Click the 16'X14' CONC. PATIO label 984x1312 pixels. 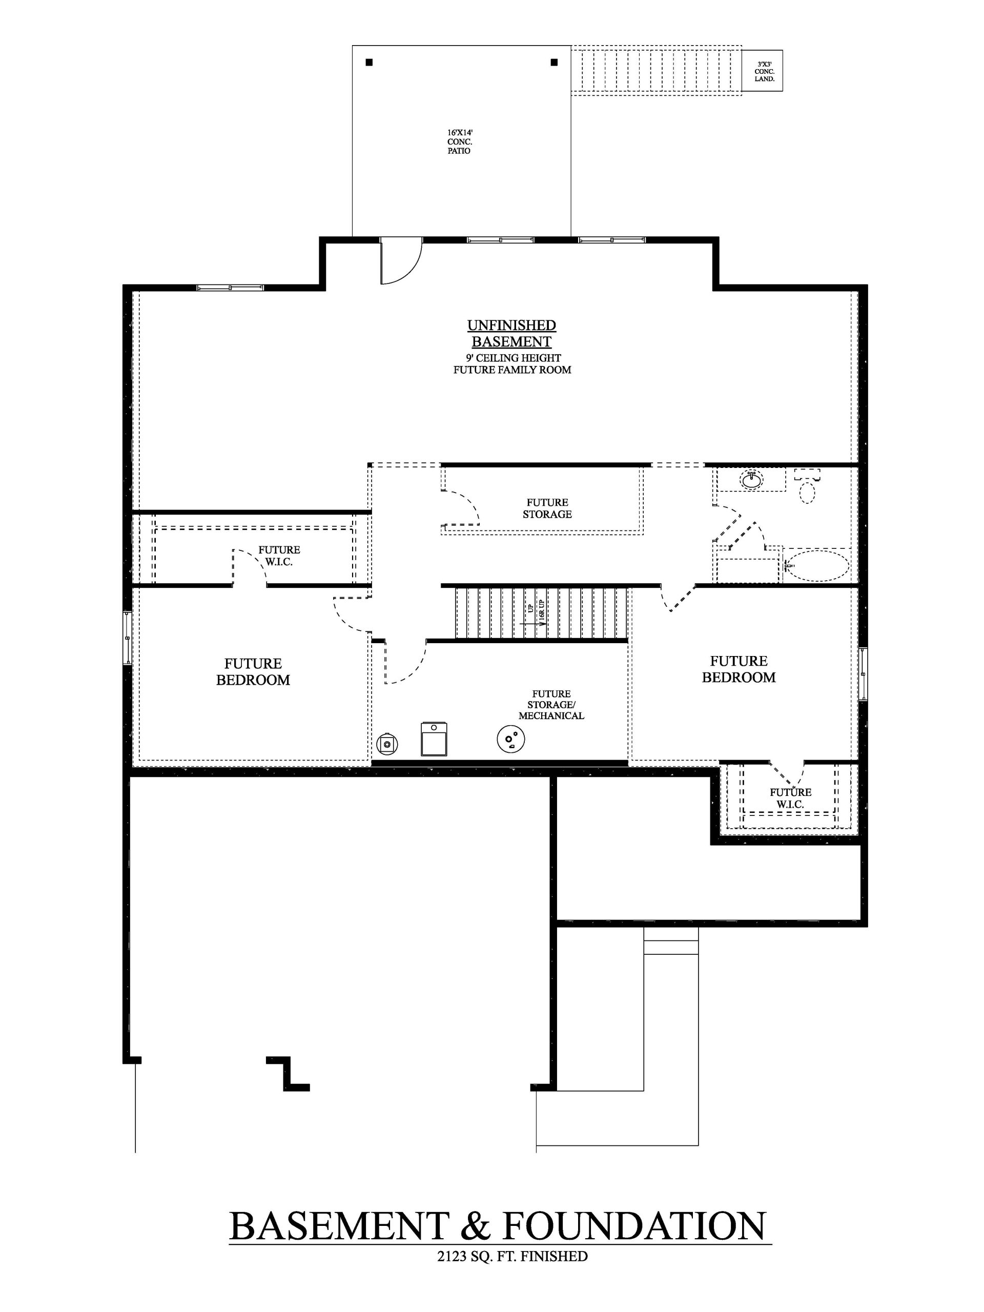[460, 142]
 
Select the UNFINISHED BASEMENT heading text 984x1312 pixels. [511, 333]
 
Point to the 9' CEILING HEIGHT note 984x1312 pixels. [513, 358]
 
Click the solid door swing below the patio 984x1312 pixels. [401, 261]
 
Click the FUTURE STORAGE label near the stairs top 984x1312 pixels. [547, 508]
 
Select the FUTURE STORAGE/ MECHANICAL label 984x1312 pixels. [551, 705]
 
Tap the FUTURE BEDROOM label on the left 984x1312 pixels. [253, 672]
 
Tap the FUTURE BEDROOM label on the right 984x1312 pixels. [739, 669]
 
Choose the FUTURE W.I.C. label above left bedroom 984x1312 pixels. [279, 556]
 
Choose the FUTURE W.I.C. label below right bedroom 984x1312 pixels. [790, 798]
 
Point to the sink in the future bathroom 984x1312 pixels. [752, 480]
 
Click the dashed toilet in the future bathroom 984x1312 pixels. [807, 489]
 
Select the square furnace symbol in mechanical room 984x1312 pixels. [434, 739]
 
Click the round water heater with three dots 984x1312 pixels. [510, 739]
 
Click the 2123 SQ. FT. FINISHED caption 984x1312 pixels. [512, 1256]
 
